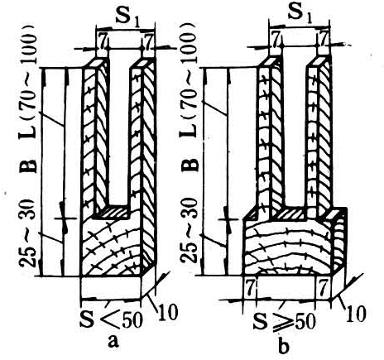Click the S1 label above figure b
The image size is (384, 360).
pyautogui.click(x=300, y=13)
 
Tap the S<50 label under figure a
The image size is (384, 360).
pyautogui.click(x=111, y=319)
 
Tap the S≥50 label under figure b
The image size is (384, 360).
pyautogui.click(x=284, y=321)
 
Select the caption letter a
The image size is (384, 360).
pyautogui.click(x=113, y=341)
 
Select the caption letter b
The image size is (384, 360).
pyautogui.click(x=284, y=345)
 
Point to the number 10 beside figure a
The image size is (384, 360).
pyautogui.click(x=167, y=312)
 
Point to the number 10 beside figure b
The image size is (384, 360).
pyautogui.click(x=356, y=314)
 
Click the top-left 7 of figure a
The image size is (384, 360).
pyautogui.click(x=103, y=41)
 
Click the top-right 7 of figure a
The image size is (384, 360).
pyautogui.click(x=149, y=41)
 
